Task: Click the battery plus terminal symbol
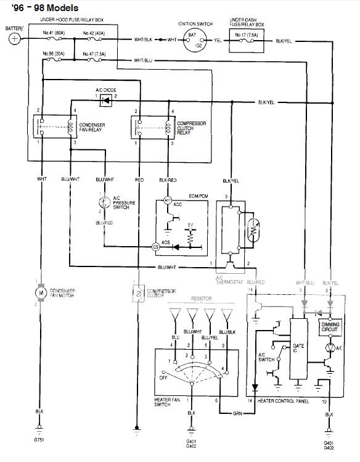14,38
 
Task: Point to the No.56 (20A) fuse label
54,54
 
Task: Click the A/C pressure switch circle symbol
104,202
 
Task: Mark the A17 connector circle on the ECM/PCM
166,201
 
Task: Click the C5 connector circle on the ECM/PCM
156,247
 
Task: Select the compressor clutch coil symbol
137,292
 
